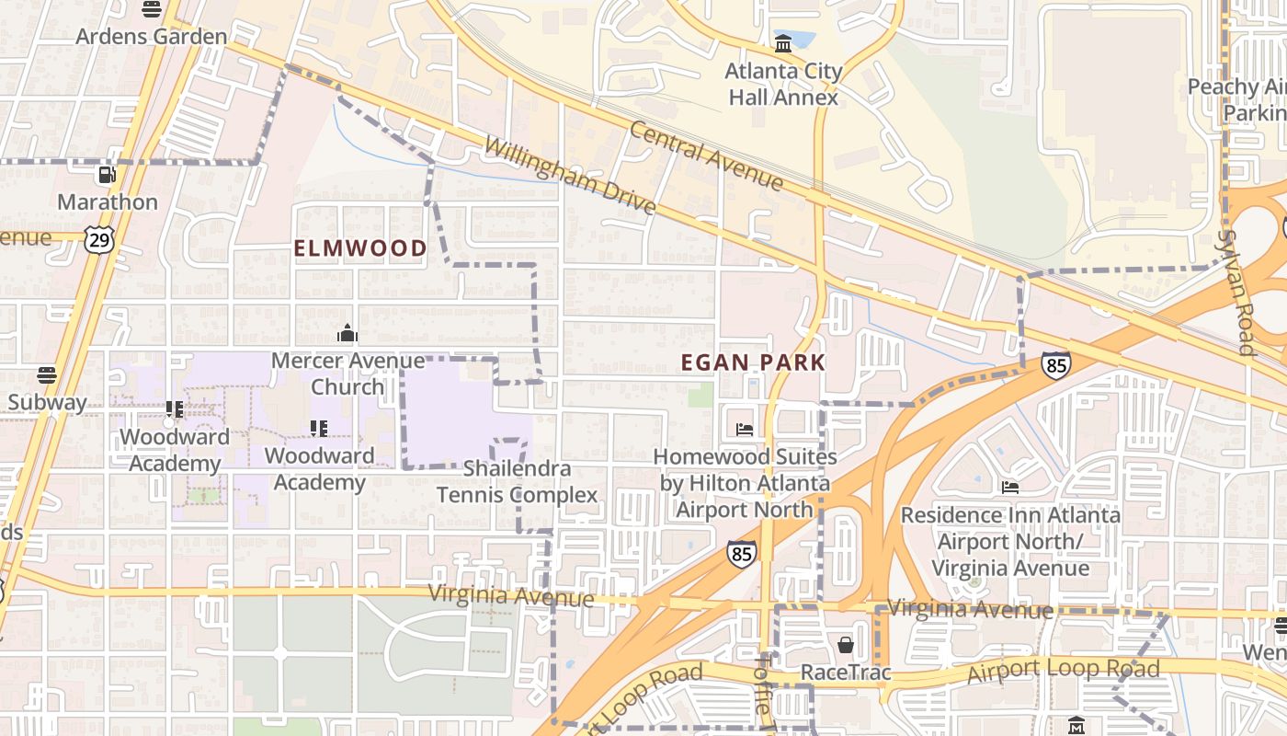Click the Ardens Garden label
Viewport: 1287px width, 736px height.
[x=151, y=37]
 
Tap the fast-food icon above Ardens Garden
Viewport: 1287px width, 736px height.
[x=152, y=9]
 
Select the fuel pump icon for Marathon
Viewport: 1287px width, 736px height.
[x=108, y=174]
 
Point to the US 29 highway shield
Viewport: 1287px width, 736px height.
[x=98, y=239]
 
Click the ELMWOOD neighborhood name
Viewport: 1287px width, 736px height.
[x=360, y=248]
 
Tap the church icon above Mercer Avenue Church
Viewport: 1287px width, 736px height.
[x=347, y=333]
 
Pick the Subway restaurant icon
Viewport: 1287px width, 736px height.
[x=47, y=375]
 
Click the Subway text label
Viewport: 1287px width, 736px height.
[x=47, y=402]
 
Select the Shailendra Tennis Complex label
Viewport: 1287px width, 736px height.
[x=517, y=482]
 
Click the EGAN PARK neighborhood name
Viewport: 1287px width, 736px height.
[x=753, y=362]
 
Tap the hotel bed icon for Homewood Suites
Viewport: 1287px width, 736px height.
[x=745, y=430]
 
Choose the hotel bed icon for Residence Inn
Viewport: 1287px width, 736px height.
[x=1010, y=488]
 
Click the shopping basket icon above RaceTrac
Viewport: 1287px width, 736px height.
[x=846, y=645]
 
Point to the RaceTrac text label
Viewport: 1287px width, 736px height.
[x=846, y=673]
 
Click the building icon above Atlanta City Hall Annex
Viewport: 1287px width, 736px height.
[x=783, y=43]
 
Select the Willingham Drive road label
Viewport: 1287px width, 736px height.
[x=569, y=176]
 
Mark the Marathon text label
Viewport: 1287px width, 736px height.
[x=108, y=201]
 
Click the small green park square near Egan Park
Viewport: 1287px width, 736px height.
[x=700, y=395]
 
